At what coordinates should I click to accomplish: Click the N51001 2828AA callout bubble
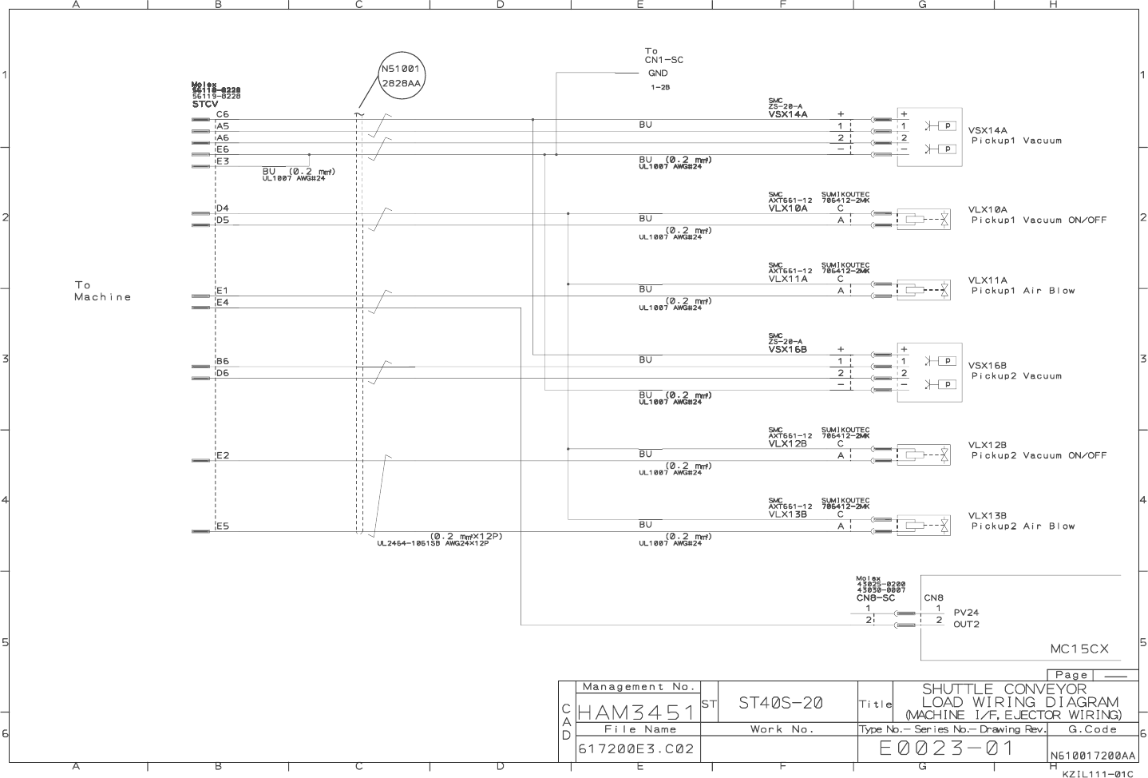click(400, 76)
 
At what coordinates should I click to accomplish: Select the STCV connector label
click(205, 104)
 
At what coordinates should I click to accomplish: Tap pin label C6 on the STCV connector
click(223, 115)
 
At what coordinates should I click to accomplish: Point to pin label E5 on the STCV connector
click(223, 526)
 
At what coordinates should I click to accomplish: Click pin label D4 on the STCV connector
click(223, 208)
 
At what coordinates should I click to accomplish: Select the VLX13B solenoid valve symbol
click(924, 526)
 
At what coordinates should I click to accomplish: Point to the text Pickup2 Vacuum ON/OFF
click(1039, 455)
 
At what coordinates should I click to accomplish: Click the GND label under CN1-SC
click(658, 73)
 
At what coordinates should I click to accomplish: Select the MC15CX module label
click(1079, 649)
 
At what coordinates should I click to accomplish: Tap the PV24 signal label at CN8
click(966, 613)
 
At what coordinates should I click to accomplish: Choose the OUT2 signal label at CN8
click(966, 625)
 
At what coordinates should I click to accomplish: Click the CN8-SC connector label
click(876, 597)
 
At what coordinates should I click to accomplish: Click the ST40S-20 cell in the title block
click(780, 703)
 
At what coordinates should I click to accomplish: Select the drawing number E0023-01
click(946, 748)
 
